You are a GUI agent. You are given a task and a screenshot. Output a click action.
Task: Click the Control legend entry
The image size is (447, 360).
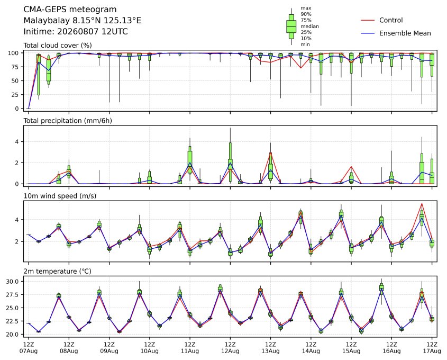391,20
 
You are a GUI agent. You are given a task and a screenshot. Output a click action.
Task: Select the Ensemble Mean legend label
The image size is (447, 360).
405,33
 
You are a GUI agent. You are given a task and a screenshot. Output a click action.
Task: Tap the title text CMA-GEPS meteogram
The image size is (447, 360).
70,10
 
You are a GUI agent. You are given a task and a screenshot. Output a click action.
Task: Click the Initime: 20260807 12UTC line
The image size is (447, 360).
76,31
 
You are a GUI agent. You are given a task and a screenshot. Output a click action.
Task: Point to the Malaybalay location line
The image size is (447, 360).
82,21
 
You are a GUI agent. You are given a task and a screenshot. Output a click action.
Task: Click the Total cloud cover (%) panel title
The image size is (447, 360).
58,46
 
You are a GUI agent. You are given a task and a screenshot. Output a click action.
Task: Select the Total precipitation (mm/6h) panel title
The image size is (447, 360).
68,121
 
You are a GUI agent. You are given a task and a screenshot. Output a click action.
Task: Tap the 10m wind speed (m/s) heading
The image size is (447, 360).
60,196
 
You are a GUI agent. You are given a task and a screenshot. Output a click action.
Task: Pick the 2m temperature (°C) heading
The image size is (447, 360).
57,271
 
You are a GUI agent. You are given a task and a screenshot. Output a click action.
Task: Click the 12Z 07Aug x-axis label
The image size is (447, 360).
29,347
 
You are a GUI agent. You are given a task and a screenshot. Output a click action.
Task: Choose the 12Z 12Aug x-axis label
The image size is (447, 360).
230,347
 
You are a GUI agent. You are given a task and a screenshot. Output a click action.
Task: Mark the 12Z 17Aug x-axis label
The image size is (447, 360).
432,347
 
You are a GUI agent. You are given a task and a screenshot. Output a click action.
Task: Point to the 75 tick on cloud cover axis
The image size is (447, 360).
15,67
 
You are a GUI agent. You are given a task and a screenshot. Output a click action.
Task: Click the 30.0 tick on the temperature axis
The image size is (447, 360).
13,282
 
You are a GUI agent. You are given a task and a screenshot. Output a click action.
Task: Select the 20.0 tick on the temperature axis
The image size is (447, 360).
13,335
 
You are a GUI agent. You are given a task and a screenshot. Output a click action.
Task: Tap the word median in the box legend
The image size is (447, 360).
309,26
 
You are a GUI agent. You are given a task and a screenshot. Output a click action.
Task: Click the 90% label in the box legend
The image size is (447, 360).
306,14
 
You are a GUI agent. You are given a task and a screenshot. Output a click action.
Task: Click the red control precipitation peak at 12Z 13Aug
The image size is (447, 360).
270,153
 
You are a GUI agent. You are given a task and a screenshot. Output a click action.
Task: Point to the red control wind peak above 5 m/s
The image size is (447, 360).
422,203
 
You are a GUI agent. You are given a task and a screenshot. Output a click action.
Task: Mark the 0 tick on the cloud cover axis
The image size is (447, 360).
17,109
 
